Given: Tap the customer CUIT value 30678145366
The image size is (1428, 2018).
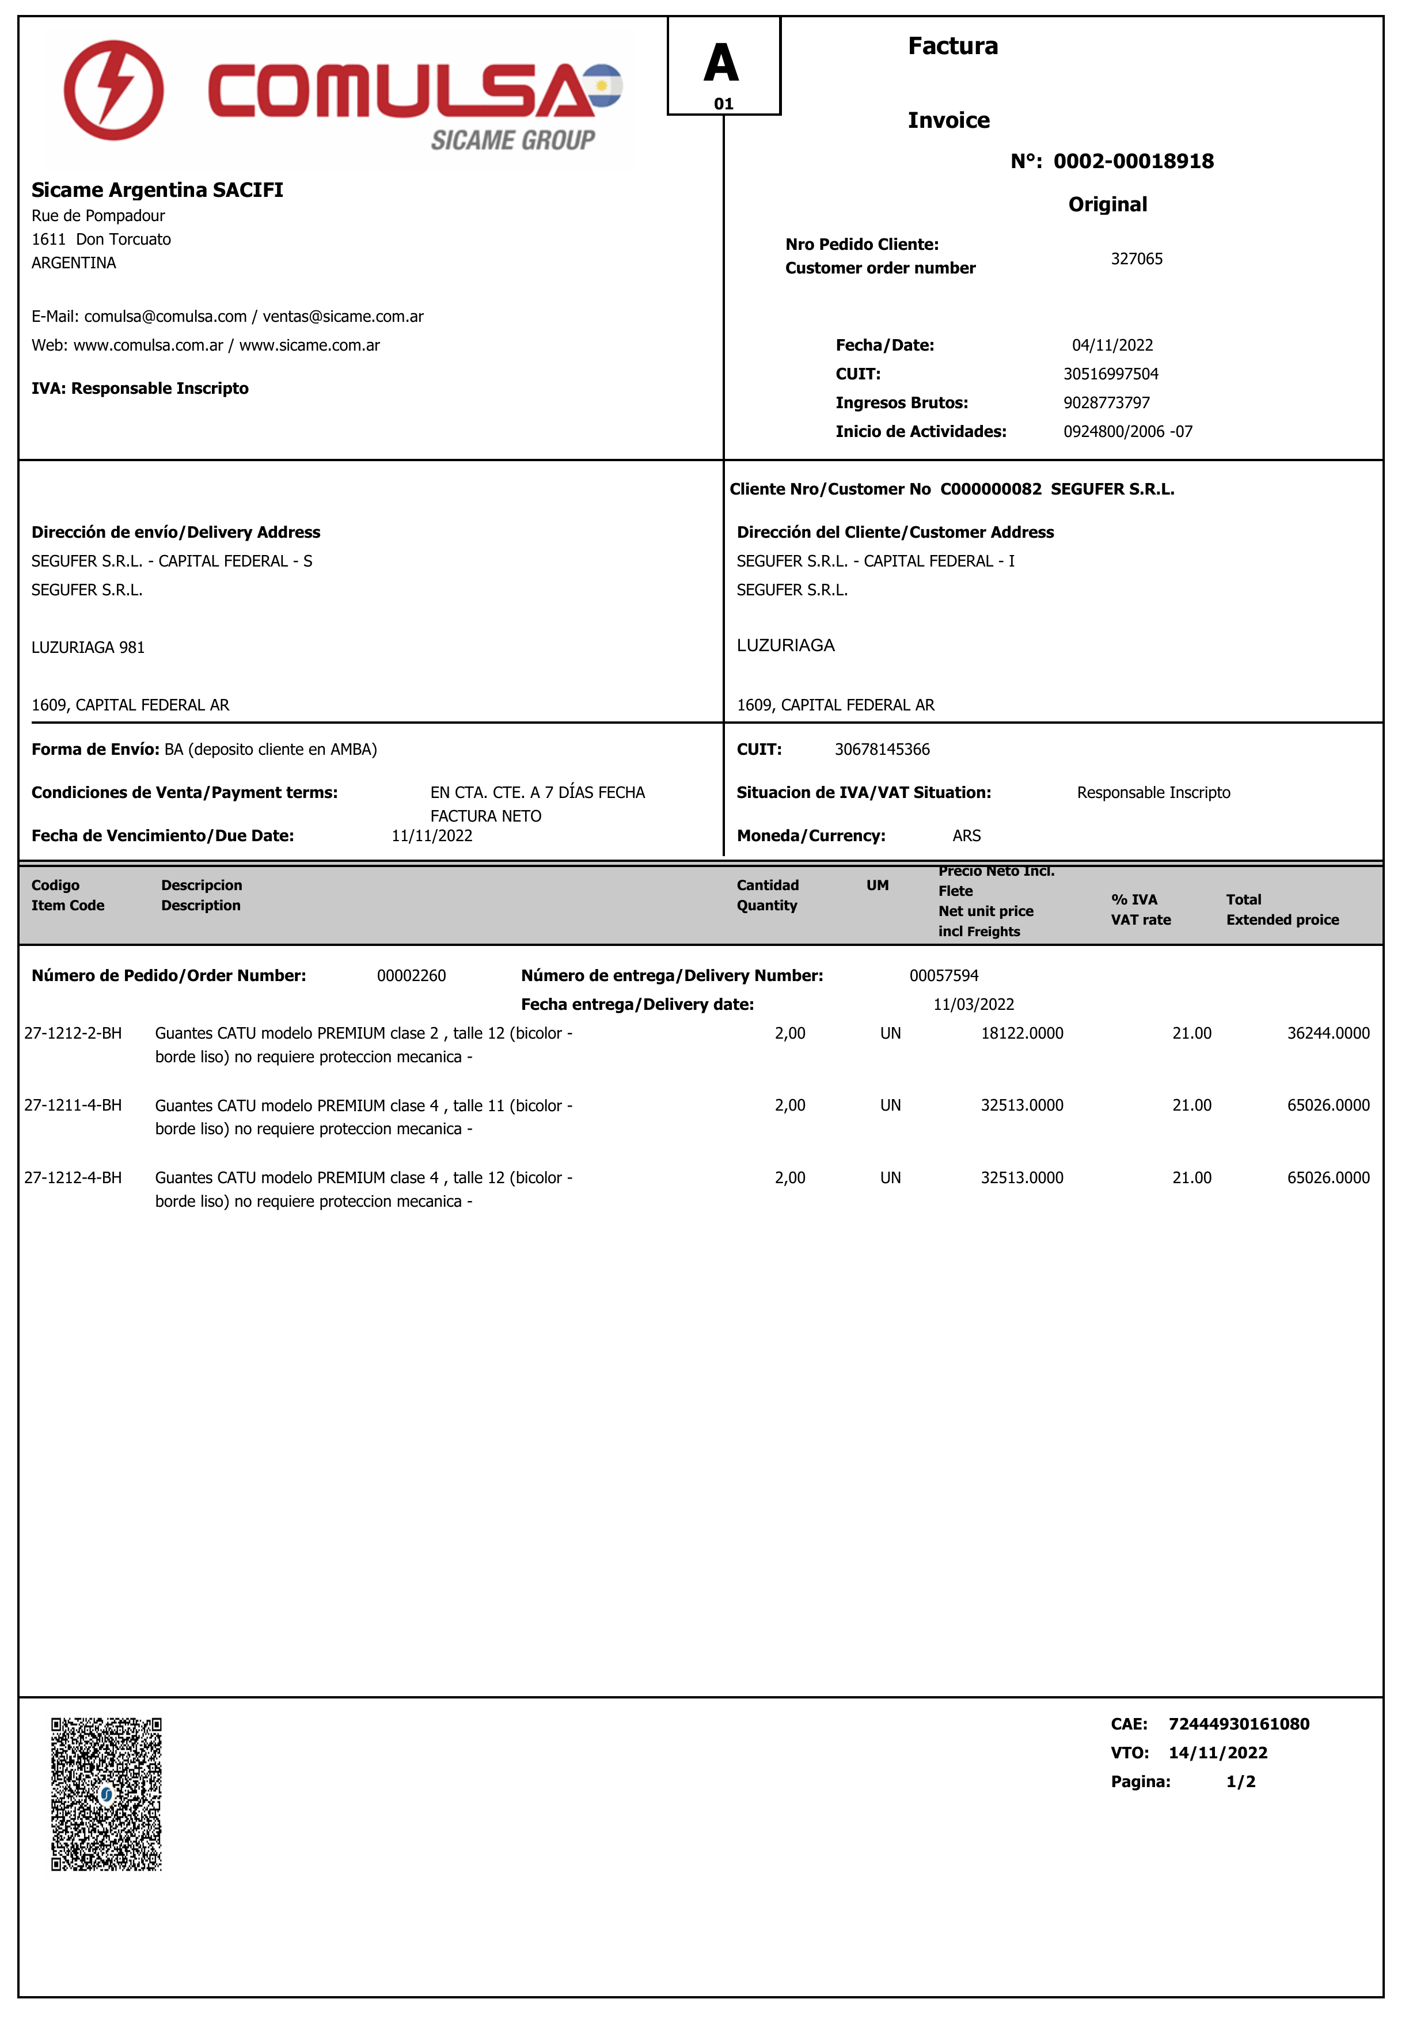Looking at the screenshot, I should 882,749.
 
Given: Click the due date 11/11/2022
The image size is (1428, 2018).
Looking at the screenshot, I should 432,835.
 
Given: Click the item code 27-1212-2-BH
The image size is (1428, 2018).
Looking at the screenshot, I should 73,1033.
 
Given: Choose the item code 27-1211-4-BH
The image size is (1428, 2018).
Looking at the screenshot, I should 73,1105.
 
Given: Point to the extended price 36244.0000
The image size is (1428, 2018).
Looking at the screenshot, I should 1328,1033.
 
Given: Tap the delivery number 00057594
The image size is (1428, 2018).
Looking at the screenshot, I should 944,975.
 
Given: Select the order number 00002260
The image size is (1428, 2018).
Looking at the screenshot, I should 412,975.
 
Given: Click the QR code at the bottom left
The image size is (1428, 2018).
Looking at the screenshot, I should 107,1794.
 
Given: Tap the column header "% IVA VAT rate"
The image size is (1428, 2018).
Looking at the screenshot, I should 1141,909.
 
